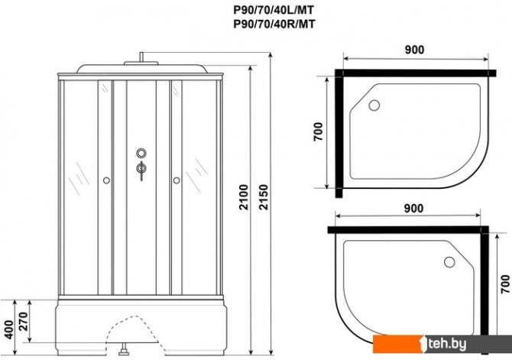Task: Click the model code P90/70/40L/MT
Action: click(274, 10)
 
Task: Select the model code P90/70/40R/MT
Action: click(274, 24)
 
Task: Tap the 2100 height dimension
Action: click(244, 197)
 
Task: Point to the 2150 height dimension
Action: click(263, 197)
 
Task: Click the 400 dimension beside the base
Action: click(9, 329)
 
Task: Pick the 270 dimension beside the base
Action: click(23, 322)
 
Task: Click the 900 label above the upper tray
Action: click(414, 50)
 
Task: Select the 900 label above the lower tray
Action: click(413, 208)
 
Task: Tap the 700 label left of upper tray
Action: click(318, 131)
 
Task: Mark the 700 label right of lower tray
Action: click(505, 284)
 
